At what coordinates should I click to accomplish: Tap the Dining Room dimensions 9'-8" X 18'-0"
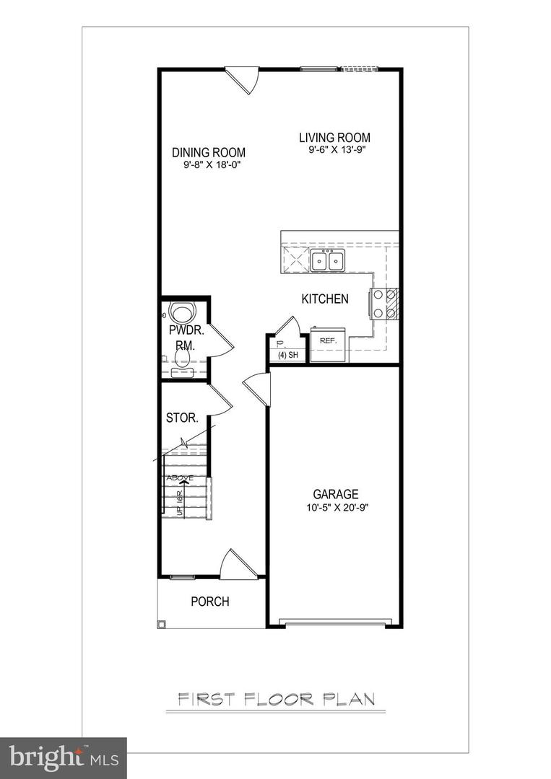click(209, 165)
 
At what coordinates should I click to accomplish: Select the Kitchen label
click(325, 299)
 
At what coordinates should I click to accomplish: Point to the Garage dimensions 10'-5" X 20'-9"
click(336, 507)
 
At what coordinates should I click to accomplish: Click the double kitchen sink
click(328, 260)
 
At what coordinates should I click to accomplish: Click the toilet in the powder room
click(182, 314)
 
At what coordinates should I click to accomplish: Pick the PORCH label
click(210, 602)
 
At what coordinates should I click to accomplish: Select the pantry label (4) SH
click(287, 355)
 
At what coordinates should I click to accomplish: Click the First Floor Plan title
click(276, 699)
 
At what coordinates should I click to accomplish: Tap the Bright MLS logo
click(63, 757)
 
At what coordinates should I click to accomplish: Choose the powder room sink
click(182, 372)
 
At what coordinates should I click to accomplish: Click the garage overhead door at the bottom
click(336, 622)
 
